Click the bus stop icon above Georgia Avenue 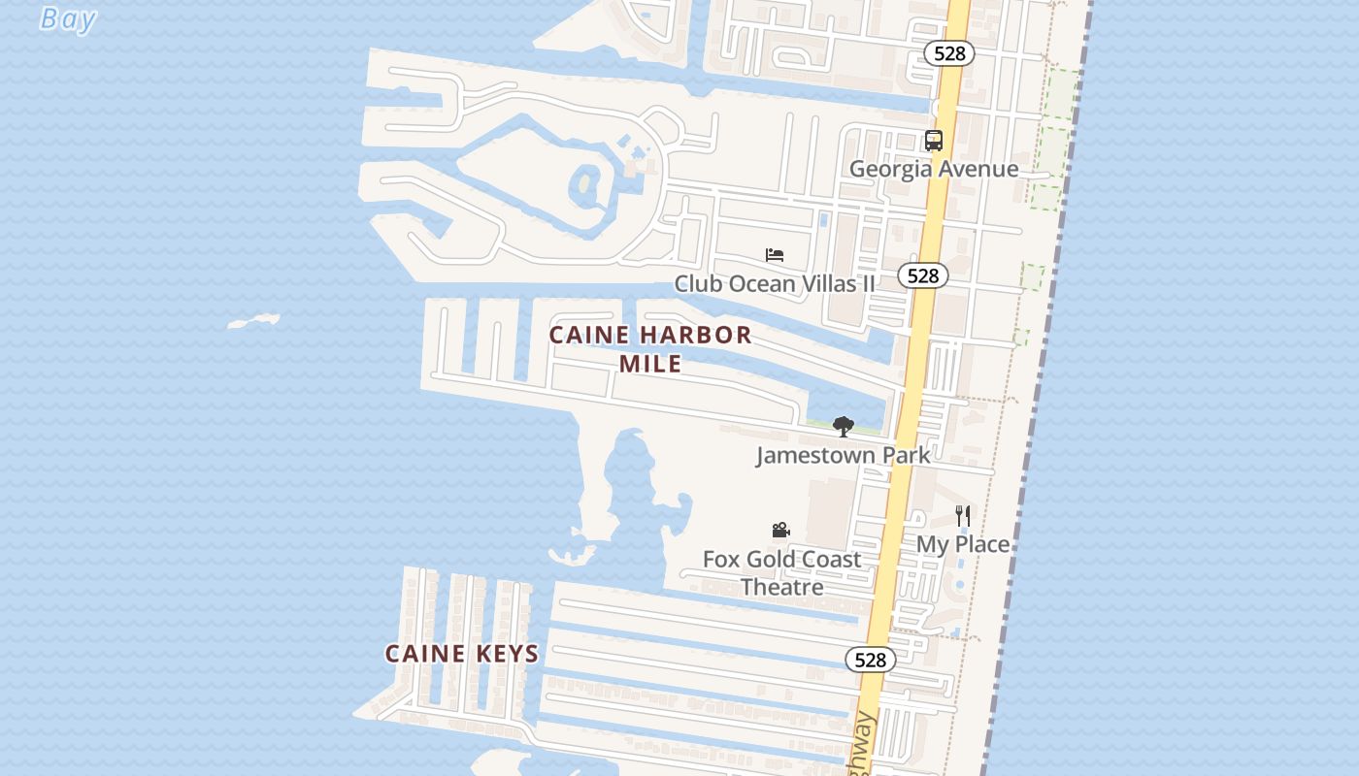[934, 141]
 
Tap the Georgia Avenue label [934, 169]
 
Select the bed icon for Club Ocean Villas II [774, 255]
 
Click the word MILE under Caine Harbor [650, 364]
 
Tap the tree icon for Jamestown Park [844, 426]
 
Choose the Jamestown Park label [843, 454]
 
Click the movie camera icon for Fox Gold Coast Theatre [780, 530]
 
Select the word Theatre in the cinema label [781, 587]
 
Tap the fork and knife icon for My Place [962, 516]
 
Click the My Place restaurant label [963, 544]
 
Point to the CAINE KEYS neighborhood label [462, 654]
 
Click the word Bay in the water [68, 18]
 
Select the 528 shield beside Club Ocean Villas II [922, 275]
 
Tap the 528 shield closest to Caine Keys [870, 660]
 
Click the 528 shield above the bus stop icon [948, 53]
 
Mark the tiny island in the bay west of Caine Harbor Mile [254, 321]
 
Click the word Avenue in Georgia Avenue [978, 169]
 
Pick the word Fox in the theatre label [721, 559]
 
